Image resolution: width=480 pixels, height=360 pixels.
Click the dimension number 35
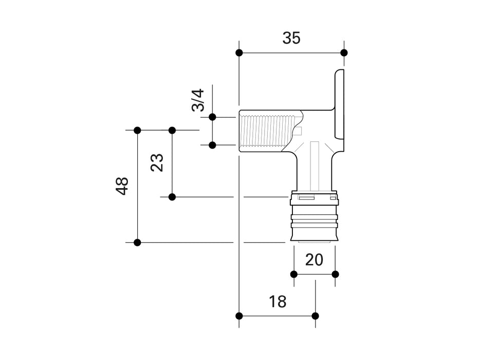(x=291, y=38)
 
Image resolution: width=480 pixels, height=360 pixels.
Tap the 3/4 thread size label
(x=198, y=100)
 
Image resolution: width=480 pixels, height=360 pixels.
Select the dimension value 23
(x=157, y=163)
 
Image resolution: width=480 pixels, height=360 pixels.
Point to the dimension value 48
(x=122, y=186)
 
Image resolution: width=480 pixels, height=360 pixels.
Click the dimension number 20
(x=314, y=260)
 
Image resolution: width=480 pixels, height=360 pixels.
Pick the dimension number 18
(x=278, y=301)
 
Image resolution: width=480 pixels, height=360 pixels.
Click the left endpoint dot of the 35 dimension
(x=239, y=52)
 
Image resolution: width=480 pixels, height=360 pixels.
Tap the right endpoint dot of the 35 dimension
(x=344, y=52)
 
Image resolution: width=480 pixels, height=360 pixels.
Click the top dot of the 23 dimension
(x=172, y=130)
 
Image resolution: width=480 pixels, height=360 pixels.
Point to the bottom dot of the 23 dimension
(x=172, y=196)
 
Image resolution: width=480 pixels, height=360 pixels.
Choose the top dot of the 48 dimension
(x=137, y=130)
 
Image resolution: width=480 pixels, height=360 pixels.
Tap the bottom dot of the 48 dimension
(x=137, y=242)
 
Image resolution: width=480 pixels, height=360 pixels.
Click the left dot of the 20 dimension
(x=294, y=274)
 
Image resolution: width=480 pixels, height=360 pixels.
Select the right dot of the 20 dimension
(x=335, y=274)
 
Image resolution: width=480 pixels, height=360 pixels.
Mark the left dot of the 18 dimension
(x=239, y=315)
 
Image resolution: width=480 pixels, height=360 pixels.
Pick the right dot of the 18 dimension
(x=315, y=315)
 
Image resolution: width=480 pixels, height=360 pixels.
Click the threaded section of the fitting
(x=267, y=131)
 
